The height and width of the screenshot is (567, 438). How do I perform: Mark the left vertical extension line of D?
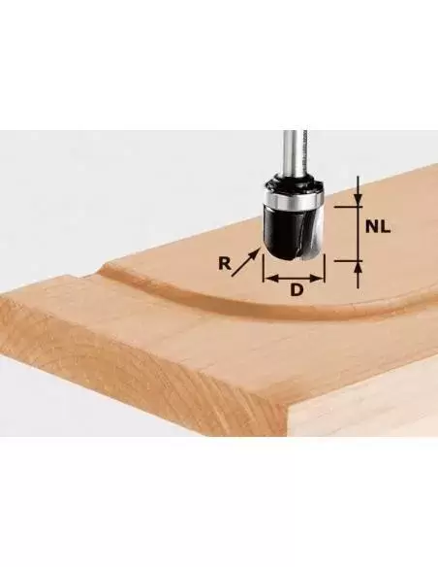pos(264,272)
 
